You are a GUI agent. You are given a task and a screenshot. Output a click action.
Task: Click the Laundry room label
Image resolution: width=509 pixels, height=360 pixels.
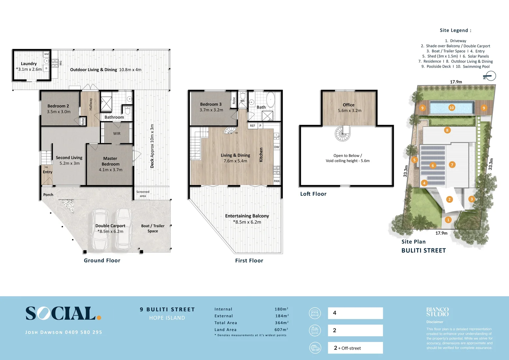tap(29, 64)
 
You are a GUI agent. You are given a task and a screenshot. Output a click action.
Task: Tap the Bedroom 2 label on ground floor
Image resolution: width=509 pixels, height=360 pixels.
tap(58, 106)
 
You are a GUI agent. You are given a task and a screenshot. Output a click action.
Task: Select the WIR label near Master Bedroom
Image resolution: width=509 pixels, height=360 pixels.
tap(117, 134)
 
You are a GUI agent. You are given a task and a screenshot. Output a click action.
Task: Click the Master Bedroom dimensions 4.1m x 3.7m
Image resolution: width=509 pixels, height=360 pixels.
tap(111, 170)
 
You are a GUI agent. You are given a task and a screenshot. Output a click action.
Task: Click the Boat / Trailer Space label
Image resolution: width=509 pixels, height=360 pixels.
tap(153, 228)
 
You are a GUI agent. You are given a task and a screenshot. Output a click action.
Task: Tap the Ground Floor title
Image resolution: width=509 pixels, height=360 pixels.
tap(102, 261)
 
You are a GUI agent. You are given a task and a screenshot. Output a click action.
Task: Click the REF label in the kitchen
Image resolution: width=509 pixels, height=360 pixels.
tap(253, 126)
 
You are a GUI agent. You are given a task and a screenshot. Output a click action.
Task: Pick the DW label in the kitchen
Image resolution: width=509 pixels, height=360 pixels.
tap(276, 147)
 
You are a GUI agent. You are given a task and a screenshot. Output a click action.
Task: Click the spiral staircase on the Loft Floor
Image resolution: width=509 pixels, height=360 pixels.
tap(342, 134)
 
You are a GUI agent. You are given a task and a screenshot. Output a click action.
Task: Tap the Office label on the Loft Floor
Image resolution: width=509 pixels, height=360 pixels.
tap(349, 105)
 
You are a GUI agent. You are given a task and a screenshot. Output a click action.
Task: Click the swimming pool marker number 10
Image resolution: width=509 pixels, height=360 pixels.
tap(452, 108)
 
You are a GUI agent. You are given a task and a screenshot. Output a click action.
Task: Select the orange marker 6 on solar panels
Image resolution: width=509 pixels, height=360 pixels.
tap(433, 165)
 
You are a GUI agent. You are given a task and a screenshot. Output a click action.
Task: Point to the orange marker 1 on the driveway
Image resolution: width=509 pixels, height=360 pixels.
tap(448, 220)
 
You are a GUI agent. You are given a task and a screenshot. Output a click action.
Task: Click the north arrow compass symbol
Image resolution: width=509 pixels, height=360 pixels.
tap(490, 76)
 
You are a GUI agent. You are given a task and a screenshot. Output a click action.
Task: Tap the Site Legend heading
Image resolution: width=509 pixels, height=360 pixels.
tap(455, 30)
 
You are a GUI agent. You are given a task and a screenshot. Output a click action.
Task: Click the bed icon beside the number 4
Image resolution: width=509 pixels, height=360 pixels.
tap(315, 313)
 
